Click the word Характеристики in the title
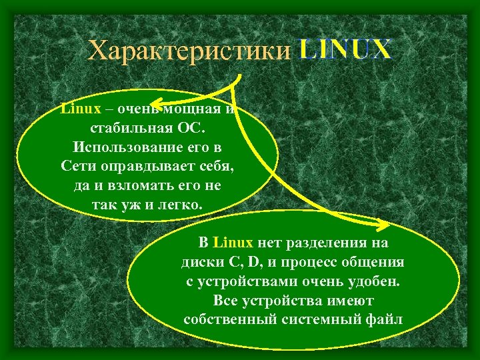[191, 50]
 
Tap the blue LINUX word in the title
[345, 50]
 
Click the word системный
[313, 319]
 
